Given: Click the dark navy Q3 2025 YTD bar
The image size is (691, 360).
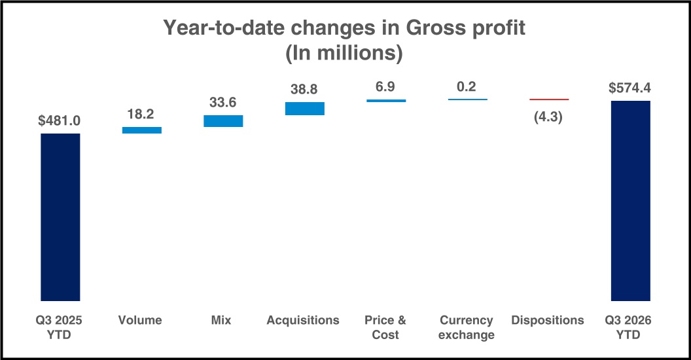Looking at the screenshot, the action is tap(60, 217).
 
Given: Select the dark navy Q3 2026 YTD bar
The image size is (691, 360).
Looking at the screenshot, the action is tap(631, 201).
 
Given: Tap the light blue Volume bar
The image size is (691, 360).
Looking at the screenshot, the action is tap(142, 130).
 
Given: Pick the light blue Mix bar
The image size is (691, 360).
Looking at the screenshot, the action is tap(223, 121).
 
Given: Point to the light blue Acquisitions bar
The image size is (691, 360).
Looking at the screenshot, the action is tap(305, 109).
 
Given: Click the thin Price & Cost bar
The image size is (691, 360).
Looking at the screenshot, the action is tap(386, 101).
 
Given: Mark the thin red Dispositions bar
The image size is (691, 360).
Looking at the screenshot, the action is tap(549, 99).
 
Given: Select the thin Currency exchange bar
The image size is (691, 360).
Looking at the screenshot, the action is tap(468, 99).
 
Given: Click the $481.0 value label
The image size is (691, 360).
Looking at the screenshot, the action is tap(60, 120).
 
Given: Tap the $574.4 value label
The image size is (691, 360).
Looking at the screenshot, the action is tap(629, 88).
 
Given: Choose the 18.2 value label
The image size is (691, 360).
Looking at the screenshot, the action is tap(141, 114).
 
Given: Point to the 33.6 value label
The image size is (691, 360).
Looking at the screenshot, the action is tap(222, 102).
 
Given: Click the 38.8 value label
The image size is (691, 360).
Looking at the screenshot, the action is tap(304, 90).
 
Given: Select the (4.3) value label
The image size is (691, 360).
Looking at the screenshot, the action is tap(548, 117).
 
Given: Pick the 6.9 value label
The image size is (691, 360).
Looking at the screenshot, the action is tap(385, 86).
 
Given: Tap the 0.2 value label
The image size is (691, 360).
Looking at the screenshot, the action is tap(467, 86).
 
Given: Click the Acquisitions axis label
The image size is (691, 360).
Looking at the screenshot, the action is tap(303, 320).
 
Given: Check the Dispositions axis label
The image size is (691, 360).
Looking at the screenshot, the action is tap(548, 320).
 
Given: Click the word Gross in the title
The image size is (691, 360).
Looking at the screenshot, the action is tap(435, 27).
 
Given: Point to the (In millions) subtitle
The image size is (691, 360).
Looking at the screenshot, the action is tap(344, 53).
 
